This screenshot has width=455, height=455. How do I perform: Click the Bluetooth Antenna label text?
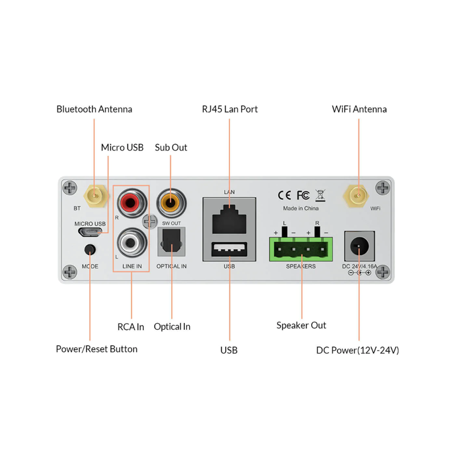pos(94,109)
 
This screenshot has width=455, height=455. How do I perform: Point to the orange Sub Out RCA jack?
pos(171,201)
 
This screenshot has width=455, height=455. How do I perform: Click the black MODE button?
pos(89,249)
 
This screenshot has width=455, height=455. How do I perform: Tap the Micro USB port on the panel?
pos(90,233)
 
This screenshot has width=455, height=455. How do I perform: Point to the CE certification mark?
pos(284,195)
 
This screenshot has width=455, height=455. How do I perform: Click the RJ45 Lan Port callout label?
pos(230,109)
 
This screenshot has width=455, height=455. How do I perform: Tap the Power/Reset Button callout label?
pos(97,349)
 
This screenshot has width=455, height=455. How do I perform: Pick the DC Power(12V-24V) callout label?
pos(358,350)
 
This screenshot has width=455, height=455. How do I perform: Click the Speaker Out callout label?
pos(301,325)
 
